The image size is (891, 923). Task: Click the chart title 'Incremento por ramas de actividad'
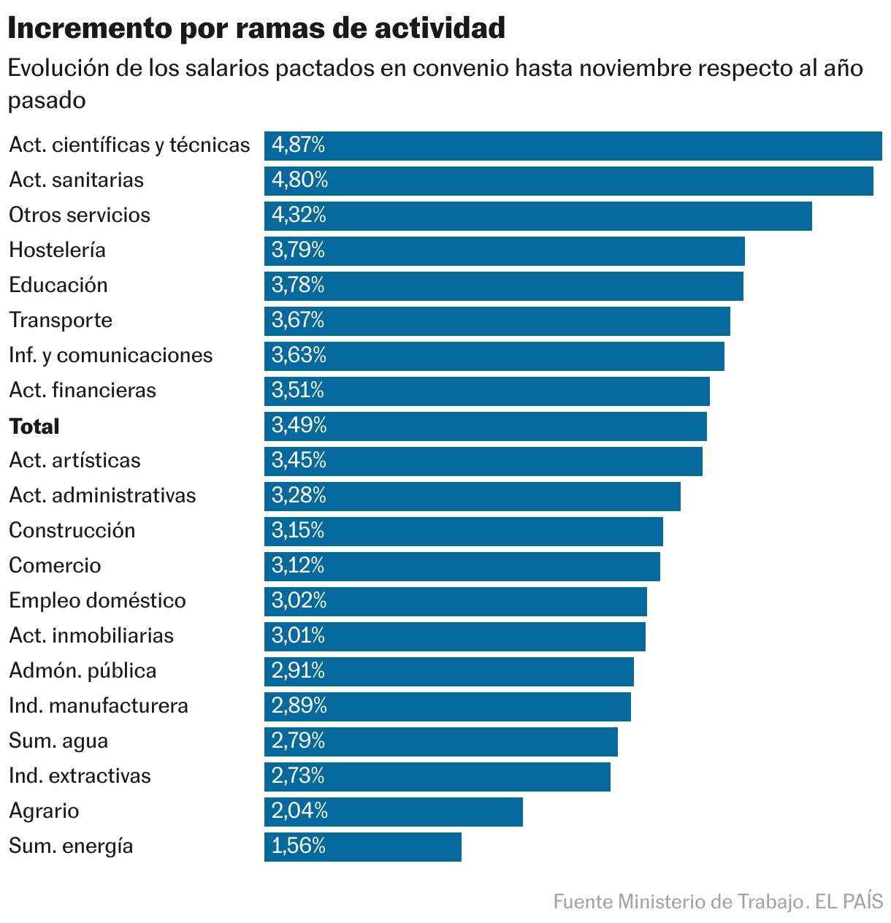(256, 28)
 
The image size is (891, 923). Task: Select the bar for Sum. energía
(362, 846)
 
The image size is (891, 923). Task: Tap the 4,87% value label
(298, 145)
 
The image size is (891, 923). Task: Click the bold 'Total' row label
(34, 426)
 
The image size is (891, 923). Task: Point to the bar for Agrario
(393, 811)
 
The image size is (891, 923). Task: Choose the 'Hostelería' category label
(57, 250)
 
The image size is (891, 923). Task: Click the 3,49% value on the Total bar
(299, 425)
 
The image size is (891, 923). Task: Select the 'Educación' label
(58, 285)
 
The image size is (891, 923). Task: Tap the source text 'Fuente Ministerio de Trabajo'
(677, 902)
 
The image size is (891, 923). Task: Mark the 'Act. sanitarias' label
(76, 180)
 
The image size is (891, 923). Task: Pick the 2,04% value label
(299, 811)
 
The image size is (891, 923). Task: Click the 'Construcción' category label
(72, 530)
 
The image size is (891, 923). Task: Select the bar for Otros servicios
(538, 215)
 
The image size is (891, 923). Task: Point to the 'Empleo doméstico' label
(97, 600)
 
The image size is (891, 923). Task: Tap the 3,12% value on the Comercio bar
(298, 565)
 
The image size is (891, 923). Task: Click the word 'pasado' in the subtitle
(47, 100)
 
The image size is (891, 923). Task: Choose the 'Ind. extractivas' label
(80, 775)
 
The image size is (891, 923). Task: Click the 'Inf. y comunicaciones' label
(110, 355)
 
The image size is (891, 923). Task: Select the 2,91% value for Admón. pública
(298, 670)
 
